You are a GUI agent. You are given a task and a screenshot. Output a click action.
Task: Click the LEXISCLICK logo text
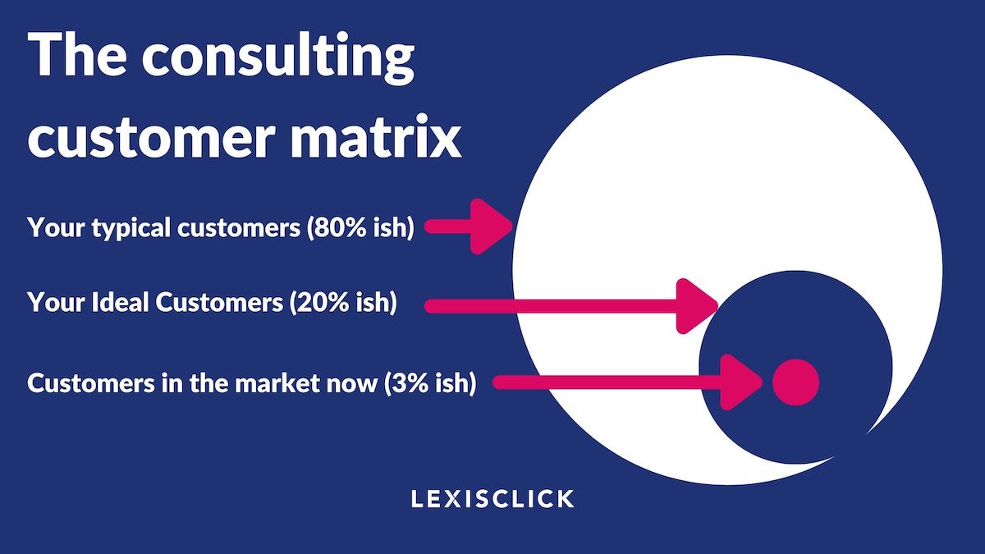tap(492, 498)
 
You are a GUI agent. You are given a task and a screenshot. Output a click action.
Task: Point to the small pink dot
tap(795, 382)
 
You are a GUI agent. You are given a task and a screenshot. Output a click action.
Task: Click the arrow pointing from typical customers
tap(468, 227)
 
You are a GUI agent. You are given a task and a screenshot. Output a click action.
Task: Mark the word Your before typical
tap(54, 227)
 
